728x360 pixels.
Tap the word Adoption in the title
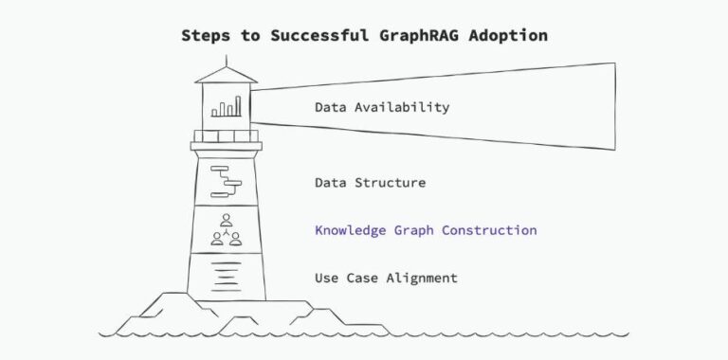coord(510,35)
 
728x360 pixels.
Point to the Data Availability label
coord(381,107)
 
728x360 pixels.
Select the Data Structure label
coord(370,182)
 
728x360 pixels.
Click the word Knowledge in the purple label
coord(350,230)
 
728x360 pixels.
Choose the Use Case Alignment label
coord(386,278)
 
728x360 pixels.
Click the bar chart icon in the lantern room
coord(226,108)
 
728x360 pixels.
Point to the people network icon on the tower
coord(226,230)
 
